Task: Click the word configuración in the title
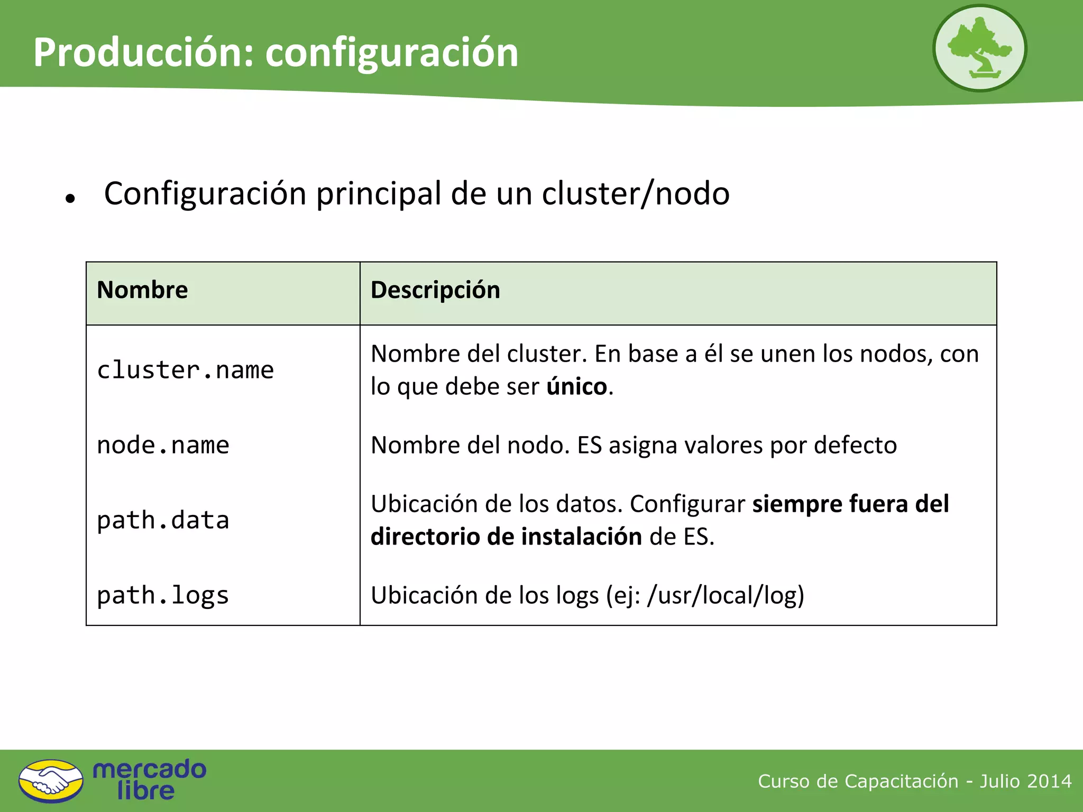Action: point(392,54)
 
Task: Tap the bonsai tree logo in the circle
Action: point(979,48)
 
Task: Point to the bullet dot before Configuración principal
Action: point(70,199)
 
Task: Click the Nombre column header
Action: point(142,290)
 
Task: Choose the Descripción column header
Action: point(435,290)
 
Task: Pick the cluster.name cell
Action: point(185,370)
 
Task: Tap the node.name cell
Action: point(163,445)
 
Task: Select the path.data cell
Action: point(163,520)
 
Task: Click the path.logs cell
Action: point(163,595)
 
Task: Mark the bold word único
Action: point(577,386)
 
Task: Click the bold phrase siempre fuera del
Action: point(850,504)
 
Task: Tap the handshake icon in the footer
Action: point(51,781)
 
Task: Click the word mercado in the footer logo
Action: point(150,769)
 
